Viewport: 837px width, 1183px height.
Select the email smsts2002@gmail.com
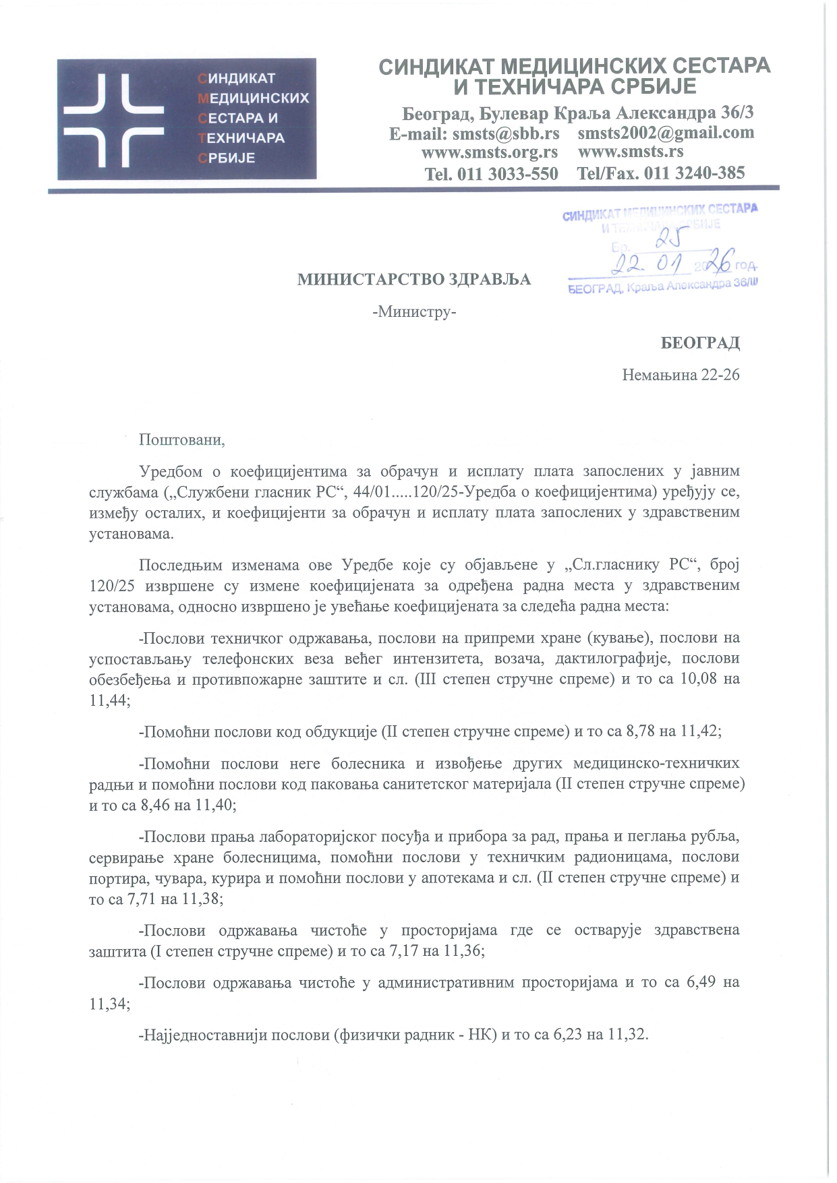tap(666, 133)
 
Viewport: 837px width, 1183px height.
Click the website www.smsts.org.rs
tap(489, 152)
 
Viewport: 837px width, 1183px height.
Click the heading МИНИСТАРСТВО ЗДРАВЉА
tap(414, 280)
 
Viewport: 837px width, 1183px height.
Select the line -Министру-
tap(414, 312)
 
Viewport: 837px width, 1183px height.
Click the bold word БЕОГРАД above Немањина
tap(700, 343)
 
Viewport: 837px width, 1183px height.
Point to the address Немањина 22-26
tap(681, 374)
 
